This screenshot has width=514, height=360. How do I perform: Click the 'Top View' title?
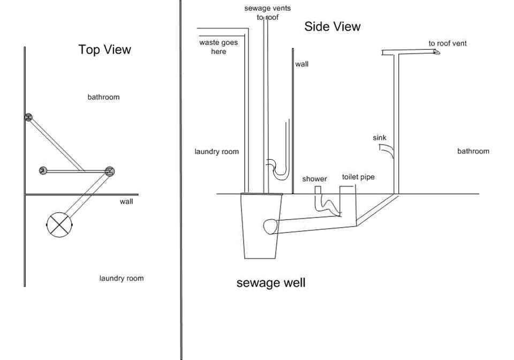104,49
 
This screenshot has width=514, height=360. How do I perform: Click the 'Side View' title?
332,27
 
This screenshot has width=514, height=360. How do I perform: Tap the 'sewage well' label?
271,283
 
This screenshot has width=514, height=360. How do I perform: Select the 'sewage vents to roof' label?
268,13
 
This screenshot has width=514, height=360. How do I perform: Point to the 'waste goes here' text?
218,47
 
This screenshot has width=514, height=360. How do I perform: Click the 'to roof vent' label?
448,43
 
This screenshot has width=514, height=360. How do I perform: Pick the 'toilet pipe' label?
358,177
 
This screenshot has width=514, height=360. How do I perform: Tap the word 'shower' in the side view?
314,179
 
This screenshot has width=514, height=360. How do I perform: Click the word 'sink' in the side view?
380,138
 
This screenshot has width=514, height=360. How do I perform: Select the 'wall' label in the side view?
301,64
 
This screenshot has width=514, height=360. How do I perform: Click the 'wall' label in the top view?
126,201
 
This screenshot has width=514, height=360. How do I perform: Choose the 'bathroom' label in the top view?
103,97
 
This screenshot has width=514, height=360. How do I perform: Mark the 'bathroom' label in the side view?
473,151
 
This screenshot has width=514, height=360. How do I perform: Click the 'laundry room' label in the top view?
122,279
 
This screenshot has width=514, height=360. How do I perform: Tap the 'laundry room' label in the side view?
217,152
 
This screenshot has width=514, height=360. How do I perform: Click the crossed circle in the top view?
59,224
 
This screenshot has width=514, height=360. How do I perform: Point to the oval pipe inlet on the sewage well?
270,227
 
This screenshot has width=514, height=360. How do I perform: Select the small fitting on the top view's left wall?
28,117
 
